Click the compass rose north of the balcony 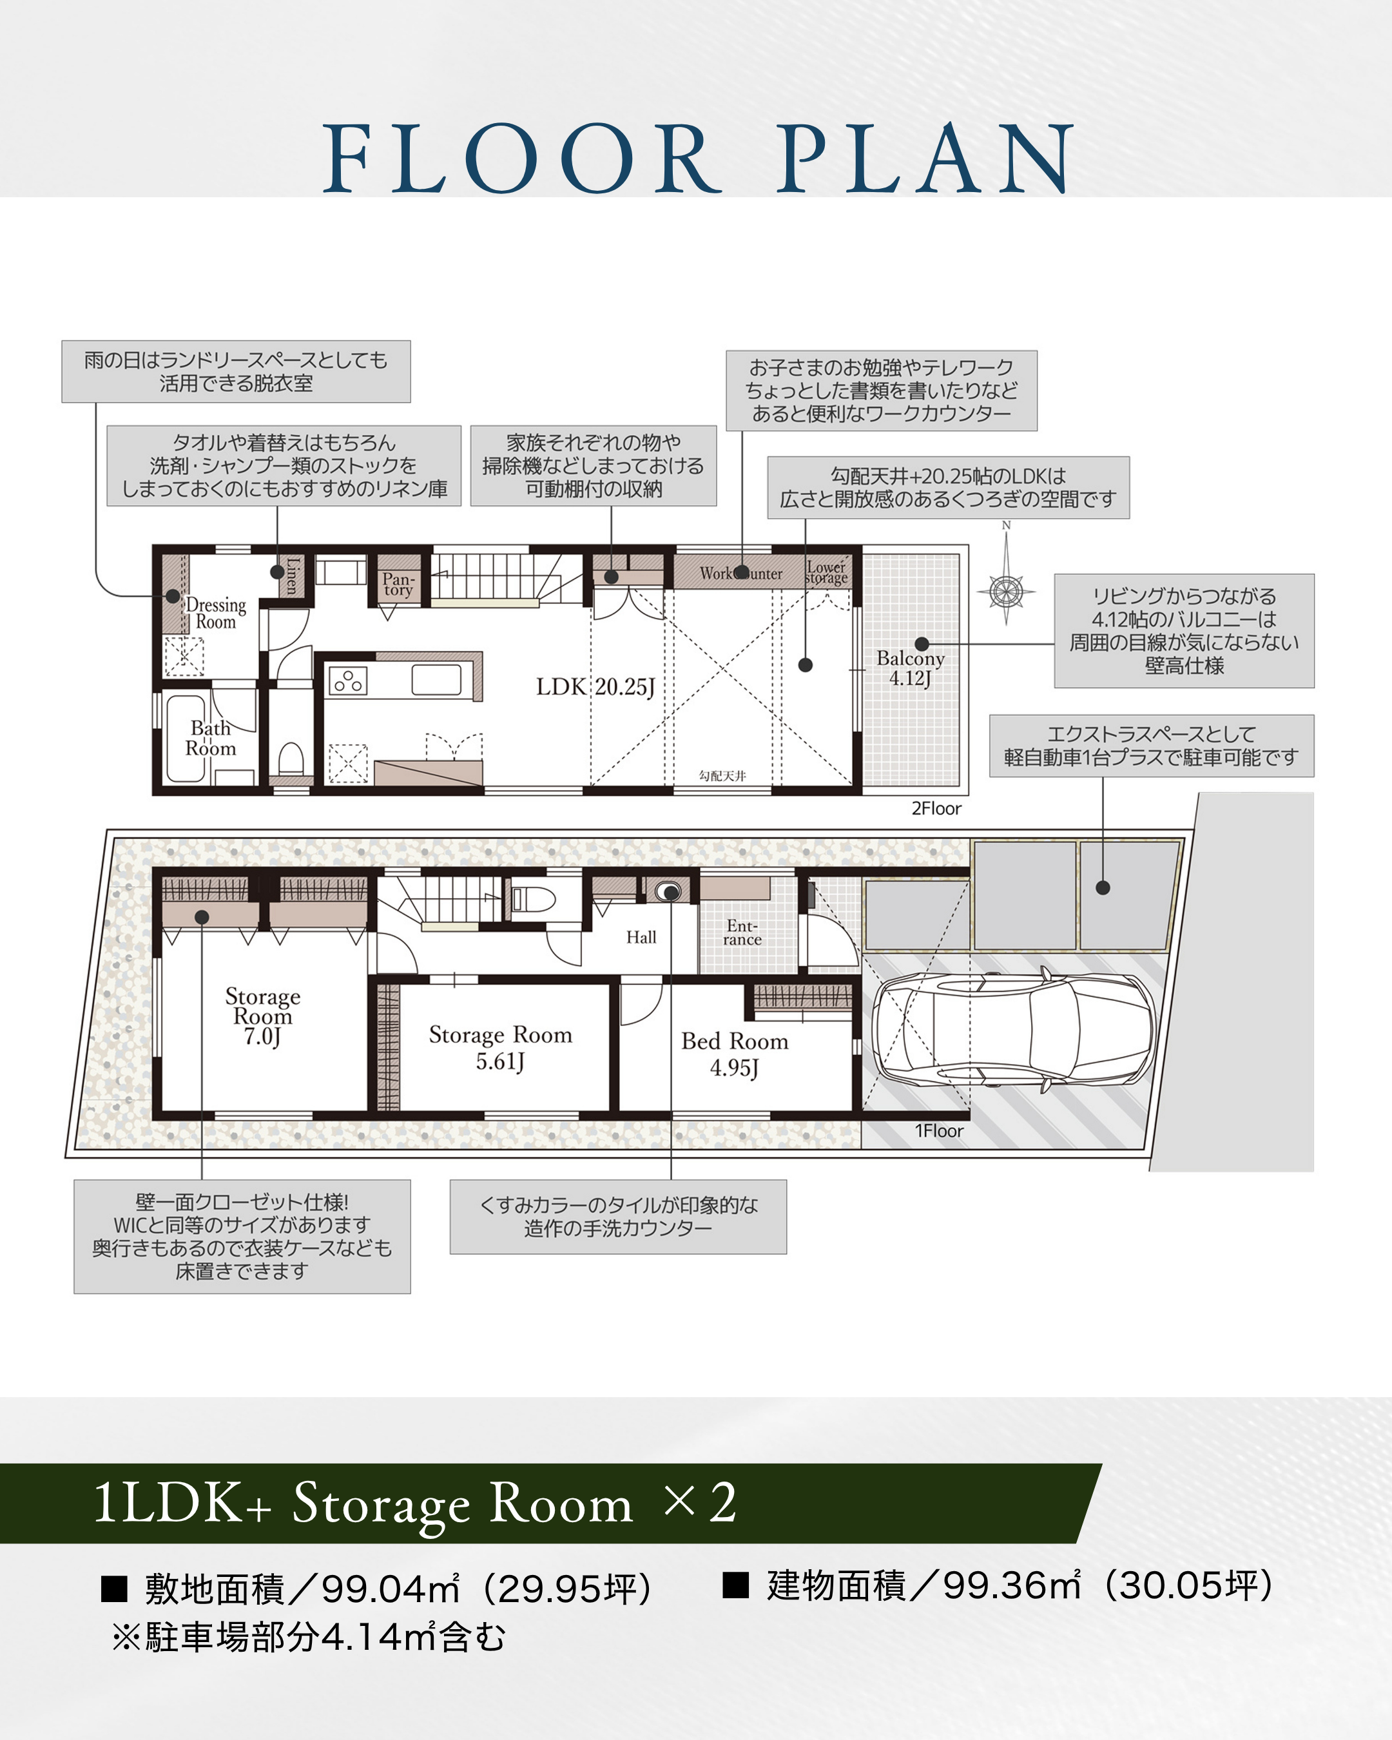pos(1006,591)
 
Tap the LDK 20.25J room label pos(595,687)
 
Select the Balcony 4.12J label pos(910,668)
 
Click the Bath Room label pos(211,739)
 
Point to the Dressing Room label pos(215,613)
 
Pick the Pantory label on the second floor pos(398,583)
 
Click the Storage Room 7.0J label pos(262,1016)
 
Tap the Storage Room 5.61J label pos(500,1049)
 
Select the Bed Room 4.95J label pos(734,1055)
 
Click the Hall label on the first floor pos(641,937)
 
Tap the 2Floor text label pos(936,809)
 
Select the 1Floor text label pos(938,1130)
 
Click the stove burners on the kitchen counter pos(348,681)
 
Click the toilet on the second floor pos(291,758)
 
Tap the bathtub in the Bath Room pos(186,739)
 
